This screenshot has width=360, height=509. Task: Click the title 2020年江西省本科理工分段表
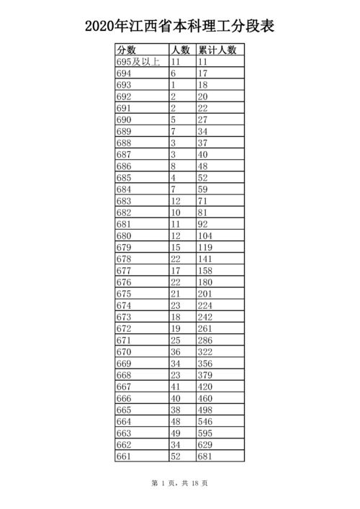[x=180, y=27]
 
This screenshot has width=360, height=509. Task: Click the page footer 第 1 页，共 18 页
[x=180, y=484]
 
